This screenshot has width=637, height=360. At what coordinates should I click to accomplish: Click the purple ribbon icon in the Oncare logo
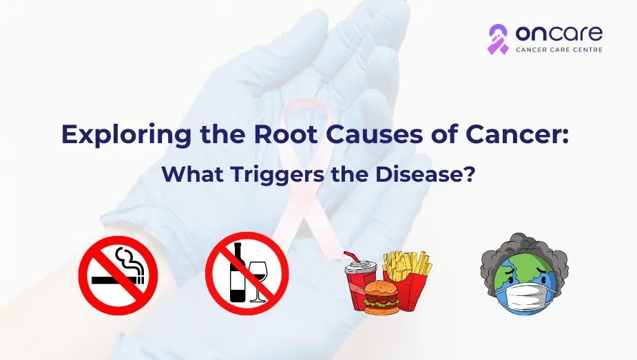click(x=498, y=39)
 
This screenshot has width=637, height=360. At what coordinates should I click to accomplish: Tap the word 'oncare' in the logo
click(x=558, y=34)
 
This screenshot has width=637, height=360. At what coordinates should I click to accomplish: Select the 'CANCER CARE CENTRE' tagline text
click(x=559, y=50)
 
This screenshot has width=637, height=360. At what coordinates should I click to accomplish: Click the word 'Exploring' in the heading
click(x=126, y=135)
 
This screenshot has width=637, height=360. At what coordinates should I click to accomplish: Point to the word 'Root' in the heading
click(x=286, y=134)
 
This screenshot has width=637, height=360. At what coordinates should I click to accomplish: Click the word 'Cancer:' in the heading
click(x=517, y=135)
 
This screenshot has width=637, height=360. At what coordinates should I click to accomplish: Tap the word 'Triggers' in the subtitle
click(x=278, y=175)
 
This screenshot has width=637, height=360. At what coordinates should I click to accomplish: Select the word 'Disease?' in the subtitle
click(x=424, y=174)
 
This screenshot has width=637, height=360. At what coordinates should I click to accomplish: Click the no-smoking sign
click(x=118, y=275)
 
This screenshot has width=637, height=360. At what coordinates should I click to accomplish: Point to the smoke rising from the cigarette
click(x=129, y=260)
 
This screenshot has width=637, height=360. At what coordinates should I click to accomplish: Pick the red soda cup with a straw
click(x=359, y=280)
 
